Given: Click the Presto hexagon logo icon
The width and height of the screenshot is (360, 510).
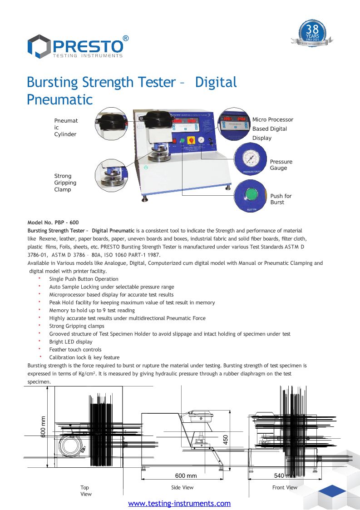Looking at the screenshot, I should click(39, 46).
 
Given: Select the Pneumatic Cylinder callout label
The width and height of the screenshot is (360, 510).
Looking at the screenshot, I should click(66, 127).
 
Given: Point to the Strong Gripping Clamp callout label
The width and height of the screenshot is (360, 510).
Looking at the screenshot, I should click(65, 183).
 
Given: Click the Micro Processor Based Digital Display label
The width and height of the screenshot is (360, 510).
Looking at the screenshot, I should click(272, 129).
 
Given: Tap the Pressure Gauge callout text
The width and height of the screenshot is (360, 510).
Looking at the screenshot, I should click(281, 165).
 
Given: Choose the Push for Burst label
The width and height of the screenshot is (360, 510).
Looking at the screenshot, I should click(281, 199).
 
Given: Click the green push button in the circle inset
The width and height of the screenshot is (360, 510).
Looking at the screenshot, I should click(250, 195).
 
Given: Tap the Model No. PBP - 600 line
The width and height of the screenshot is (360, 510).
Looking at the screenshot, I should click(53, 223).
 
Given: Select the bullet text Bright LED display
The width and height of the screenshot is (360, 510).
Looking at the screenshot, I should click(71, 342).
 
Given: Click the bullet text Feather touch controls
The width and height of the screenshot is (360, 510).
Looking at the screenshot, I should click(75, 350).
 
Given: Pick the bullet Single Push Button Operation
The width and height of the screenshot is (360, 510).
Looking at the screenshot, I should click(84, 279).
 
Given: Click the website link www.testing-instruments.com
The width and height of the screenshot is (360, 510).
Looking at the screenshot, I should click(179, 503).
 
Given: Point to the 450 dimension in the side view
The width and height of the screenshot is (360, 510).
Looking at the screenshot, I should click(225, 440).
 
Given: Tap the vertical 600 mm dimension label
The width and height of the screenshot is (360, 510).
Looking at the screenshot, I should click(43, 427).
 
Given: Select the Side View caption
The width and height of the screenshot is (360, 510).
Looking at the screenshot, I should click(182, 487).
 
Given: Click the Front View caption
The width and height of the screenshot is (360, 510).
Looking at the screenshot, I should click(285, 487).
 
